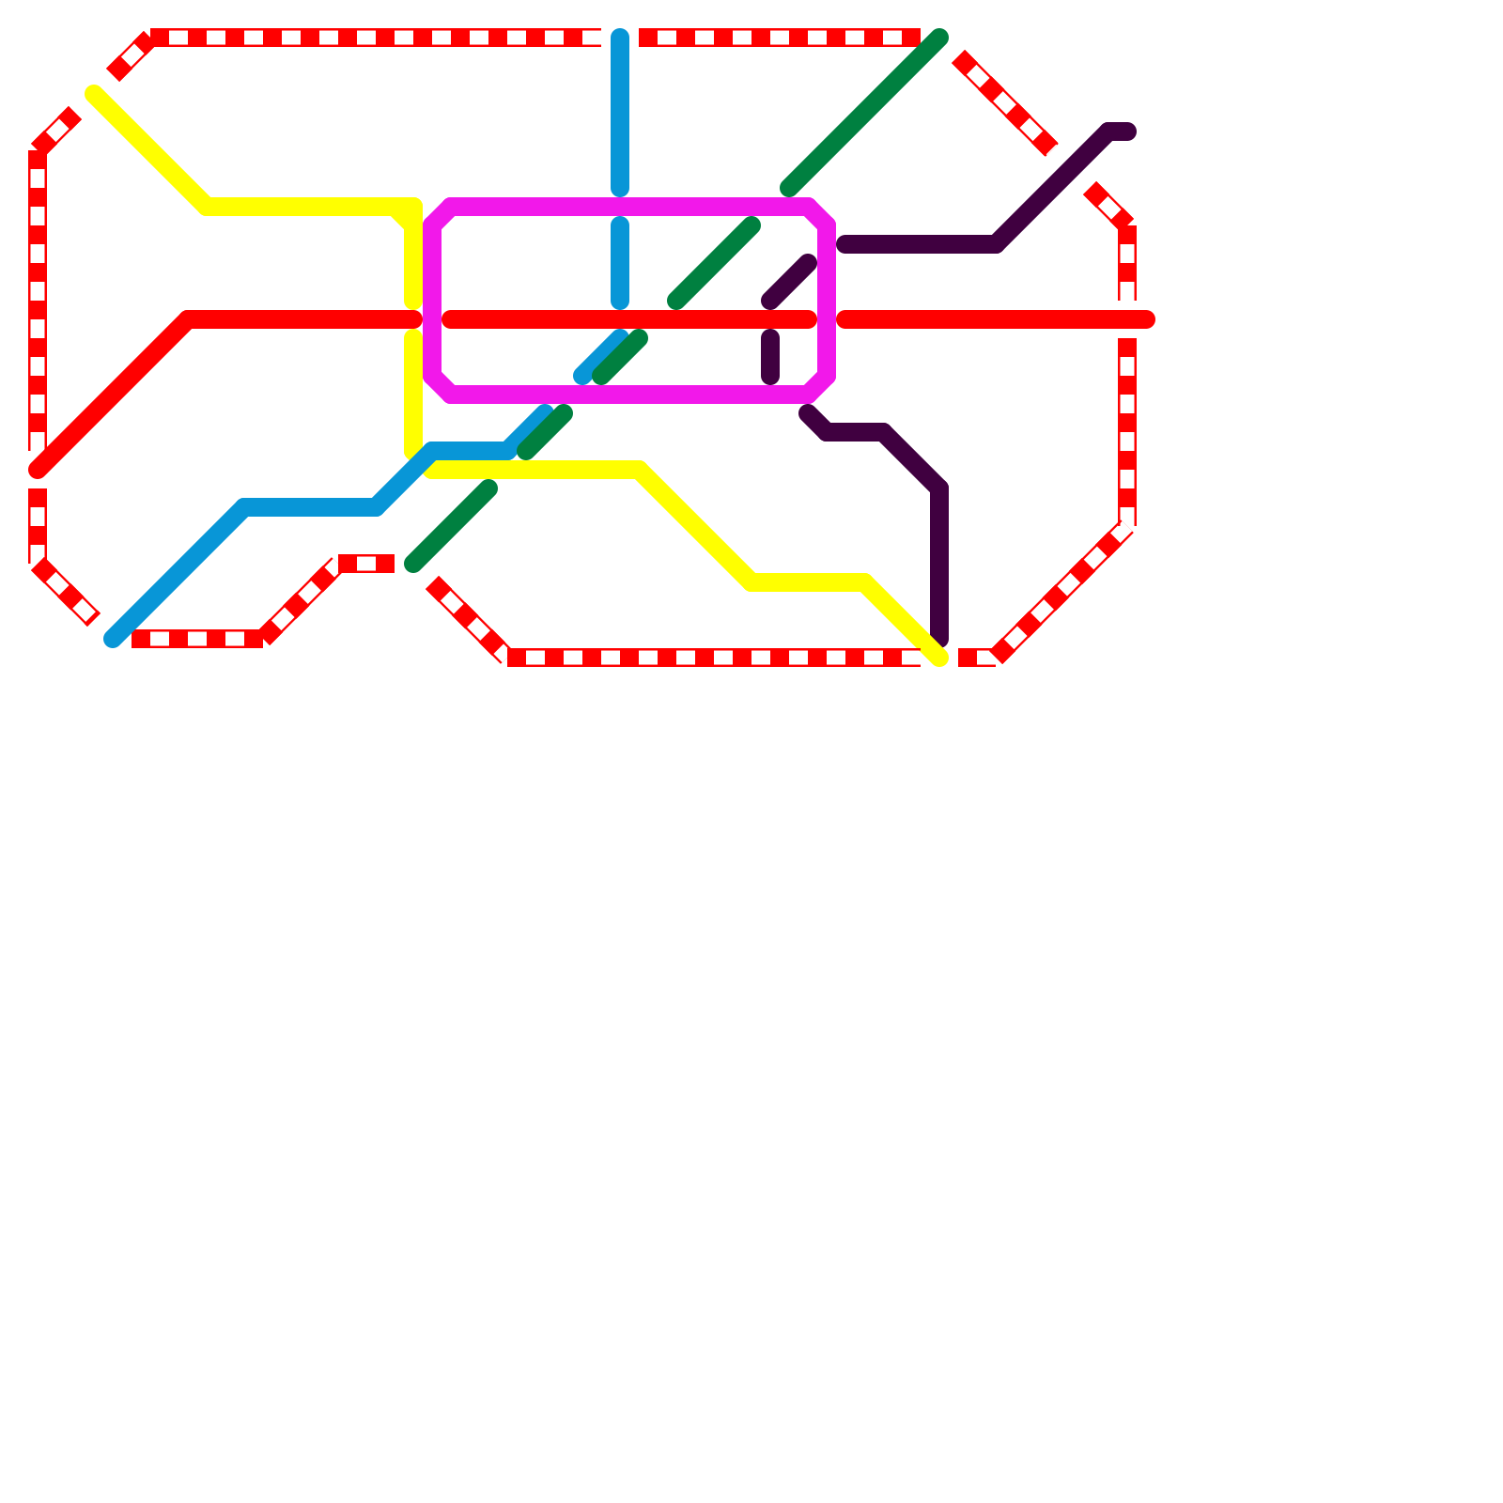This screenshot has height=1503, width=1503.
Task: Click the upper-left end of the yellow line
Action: [94, 93]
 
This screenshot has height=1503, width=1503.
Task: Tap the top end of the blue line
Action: [620, 38]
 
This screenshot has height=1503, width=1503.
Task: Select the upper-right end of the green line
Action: [939, 38]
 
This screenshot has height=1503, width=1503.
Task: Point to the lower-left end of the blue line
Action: [113, 640]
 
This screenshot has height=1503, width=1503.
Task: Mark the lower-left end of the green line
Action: [413, 564]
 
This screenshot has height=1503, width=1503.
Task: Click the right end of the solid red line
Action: [1146, 319]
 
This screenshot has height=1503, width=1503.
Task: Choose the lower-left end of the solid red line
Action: [38, 470]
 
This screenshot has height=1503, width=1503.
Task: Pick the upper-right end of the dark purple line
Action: [1127, 132]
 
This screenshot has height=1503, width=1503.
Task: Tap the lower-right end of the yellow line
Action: [939, 658]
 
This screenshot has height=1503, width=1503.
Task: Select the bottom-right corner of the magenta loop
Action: [818, 385]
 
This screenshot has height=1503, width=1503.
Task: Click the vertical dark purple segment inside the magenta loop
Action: [770, 357]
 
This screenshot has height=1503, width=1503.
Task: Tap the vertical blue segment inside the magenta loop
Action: [620, 263]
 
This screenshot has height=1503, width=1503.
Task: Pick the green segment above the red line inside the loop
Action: [714, 263]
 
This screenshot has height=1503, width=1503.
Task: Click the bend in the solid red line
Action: [188, 319]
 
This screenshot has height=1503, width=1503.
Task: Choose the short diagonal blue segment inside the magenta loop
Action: [601, 357]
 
